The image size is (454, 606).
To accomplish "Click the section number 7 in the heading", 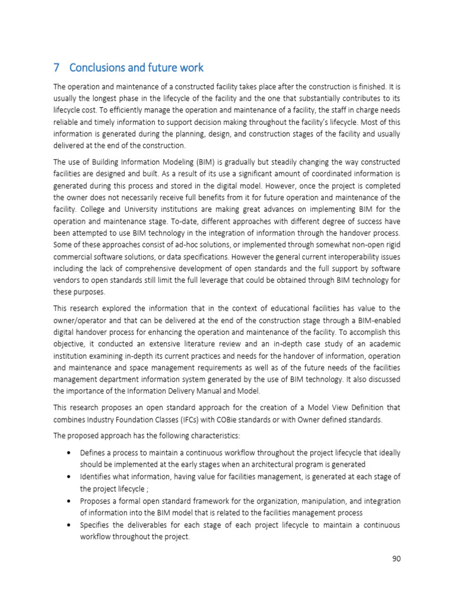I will (x=56, y=67).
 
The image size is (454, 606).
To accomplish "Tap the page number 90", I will (x=395, y=558).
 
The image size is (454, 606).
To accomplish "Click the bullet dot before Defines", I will (x=70, y=453).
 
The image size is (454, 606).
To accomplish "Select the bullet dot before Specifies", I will (x=70, y=525).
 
